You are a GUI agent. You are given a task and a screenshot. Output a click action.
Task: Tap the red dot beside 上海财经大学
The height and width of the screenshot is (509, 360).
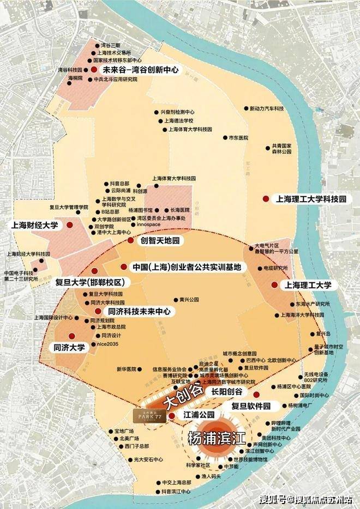click(70, 225)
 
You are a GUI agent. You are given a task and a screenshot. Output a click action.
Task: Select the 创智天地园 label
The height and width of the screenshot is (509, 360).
click(160, 240)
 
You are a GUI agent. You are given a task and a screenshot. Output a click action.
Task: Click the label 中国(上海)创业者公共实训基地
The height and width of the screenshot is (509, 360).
click(187, 267)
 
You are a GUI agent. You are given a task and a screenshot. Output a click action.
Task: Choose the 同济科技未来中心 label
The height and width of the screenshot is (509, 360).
click(139, 311)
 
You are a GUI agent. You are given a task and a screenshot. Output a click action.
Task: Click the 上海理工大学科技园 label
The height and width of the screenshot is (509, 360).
click(311, 199)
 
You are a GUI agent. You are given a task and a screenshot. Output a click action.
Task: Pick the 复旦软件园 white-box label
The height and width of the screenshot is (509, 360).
click(251, 406)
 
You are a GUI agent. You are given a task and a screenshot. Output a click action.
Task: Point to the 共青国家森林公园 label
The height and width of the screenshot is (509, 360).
click(282, 149)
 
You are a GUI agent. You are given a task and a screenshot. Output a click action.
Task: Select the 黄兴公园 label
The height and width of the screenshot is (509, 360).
click(186, 300)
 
